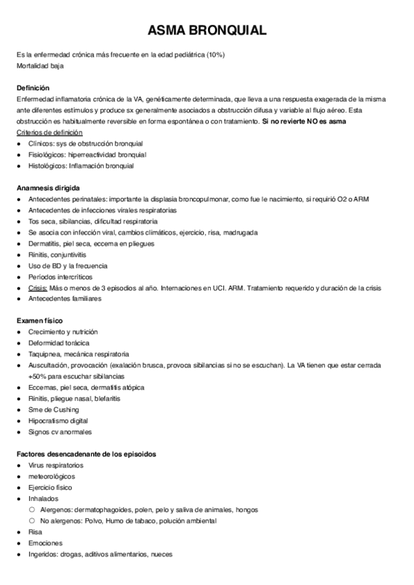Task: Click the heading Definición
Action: click(32, 88)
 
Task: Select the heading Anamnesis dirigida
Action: click(48, 188)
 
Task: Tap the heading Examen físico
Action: click(39, 321)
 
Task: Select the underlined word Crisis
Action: click(38, 288)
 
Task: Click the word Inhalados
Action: click(44, 499)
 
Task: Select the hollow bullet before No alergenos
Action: click(32, 521)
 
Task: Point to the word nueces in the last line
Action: click(161, 554)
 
